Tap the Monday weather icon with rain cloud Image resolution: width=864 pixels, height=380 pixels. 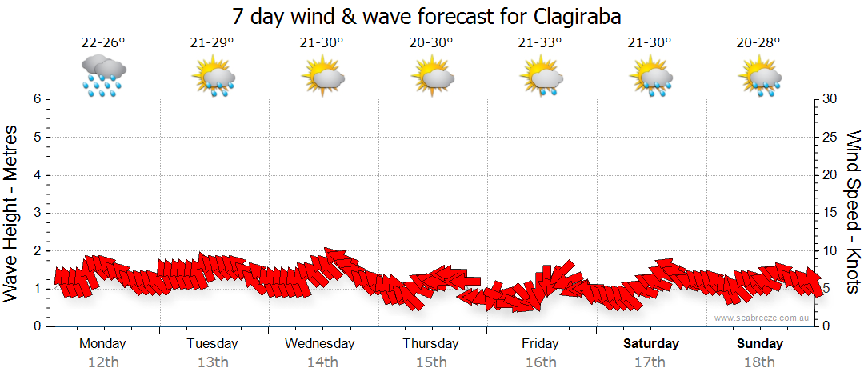pyautogui.click(x=103, y=77)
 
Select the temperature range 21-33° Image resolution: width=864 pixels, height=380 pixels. pyautogui.click(x=540, y=43)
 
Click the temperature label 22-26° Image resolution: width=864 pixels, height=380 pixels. pyautogui.click(x=103, y=43)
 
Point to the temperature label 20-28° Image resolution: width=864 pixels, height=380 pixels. pyautogui.click(x=758, y=43)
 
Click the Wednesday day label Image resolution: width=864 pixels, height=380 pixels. pyautogui.click(x=320, y=344)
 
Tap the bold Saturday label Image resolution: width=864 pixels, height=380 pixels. pyautogui.click(x=650, y=344)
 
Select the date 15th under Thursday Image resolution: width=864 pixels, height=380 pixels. pyautogui.click(x=431, y=362)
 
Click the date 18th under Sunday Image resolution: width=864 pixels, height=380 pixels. pyautogui.click(x=759, y=362)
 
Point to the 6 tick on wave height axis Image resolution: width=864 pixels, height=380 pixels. pyautogui.click(x=36, y=99)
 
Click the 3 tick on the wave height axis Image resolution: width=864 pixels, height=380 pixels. pyautogui.click(x=36, y=213)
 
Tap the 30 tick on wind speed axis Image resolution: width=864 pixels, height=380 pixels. pyautogui.click(x=830, y=99)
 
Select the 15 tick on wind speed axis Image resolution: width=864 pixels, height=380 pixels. pyautogui.click(x=830, y=213)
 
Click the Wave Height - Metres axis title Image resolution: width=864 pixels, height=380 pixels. pyautogui.click(x=13, y=212)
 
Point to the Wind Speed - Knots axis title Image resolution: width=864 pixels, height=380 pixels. pyautogui.click(x=853, y=212)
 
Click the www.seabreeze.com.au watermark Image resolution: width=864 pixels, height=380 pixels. pyautogui.click(x=762, y=318)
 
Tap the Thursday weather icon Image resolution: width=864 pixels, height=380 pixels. pyautogui.click(x=432, y=77)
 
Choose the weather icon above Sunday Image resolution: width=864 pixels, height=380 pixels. pyautogui.click(x=759, y=77)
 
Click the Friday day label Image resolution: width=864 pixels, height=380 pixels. pyautogui.click(x=540, y=344)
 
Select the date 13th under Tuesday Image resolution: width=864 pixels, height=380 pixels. pyautogui.click(x=212, y=362)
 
